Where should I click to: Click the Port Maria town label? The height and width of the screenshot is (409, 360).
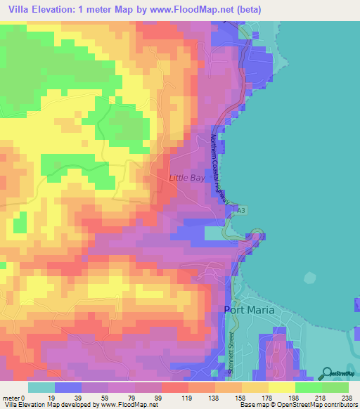point(248,310)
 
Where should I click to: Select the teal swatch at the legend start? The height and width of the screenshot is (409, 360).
point(41,387)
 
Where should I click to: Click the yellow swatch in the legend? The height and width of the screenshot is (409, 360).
point(282,387)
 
